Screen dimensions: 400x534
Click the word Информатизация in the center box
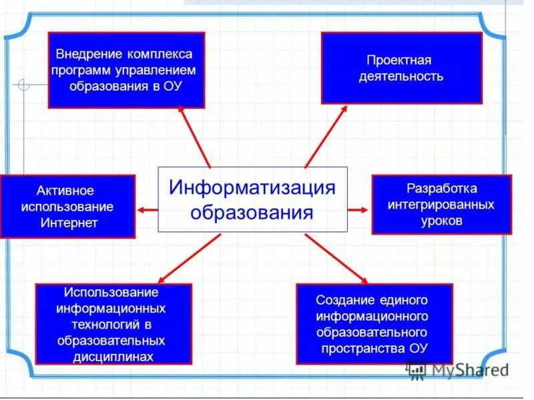[252, 187]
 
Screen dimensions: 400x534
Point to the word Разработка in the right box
[441, 188]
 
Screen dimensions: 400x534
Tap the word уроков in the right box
[441, 221]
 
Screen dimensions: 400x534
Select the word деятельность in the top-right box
[401, 76]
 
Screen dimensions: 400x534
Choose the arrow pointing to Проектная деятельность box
[326, 137]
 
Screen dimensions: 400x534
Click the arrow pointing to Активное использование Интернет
[148, 209]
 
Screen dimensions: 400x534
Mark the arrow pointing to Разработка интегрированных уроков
[358, 209]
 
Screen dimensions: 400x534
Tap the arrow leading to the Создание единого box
[337, 258]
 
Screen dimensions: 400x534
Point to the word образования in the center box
[252, 213]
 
